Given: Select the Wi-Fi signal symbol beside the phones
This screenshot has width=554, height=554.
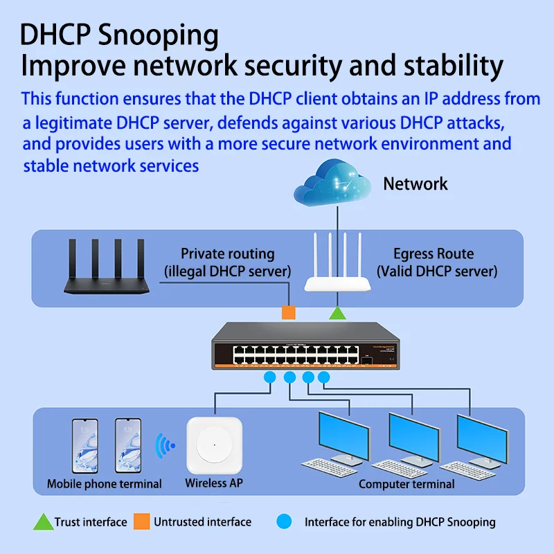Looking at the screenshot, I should (164, 445).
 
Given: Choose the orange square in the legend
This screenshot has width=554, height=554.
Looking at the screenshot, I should (142, 521).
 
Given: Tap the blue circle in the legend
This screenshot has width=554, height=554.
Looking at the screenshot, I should (283, 521).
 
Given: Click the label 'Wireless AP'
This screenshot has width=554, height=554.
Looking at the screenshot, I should (213, 483).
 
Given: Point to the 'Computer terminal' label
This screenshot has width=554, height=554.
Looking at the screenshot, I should (406, 484).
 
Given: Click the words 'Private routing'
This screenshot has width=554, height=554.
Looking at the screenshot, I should (227, 253).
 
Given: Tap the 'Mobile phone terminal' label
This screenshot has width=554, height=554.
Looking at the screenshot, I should (104, 483).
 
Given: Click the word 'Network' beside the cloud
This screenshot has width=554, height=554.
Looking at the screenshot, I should (415, 184).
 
